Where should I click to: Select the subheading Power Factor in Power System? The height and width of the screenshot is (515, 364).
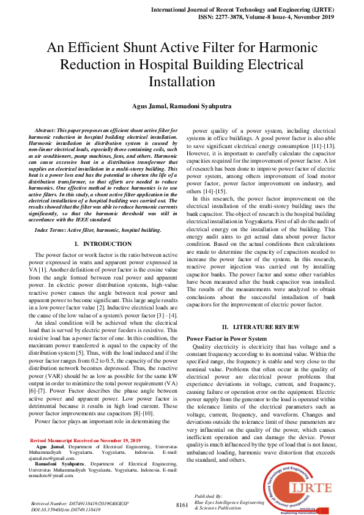tap(226, 338)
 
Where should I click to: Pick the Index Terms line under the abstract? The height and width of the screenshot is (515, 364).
tap(89, 230)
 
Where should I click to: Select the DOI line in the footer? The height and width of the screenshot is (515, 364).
tap(66, 509)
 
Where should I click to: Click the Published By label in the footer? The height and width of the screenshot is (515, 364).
tap(209, 496)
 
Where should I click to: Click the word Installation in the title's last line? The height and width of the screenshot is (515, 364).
tap(182, 81)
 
